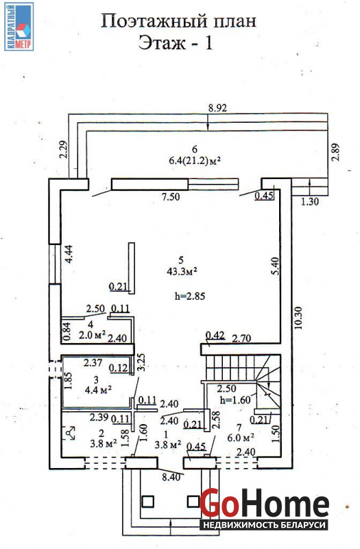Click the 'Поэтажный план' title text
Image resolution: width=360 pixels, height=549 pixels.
(x=179, y=22)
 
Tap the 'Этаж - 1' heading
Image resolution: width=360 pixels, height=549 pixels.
(x=176, y=43)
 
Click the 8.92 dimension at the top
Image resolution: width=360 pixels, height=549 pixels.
(x=217, y=108)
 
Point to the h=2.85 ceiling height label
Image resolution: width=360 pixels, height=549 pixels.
(x=190, y=296)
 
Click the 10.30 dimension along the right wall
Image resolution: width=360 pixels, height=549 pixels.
(x=298, y=318)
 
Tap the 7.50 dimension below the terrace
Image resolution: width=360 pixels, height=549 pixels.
(x=170, y=197)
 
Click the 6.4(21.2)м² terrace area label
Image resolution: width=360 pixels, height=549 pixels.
(x=195, y=161)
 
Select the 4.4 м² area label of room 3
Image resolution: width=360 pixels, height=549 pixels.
(x=99, y=389)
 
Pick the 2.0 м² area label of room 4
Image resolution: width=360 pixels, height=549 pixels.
(x=93, y=335)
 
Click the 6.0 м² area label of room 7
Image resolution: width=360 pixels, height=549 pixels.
(x=240, y=438)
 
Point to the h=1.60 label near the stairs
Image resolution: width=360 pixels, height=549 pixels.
(x=235, y=400)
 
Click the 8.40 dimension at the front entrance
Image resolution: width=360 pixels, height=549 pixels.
(x=171, y=477)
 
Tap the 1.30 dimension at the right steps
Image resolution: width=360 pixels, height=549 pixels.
(x=310, y=201)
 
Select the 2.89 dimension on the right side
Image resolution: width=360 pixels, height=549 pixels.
(x=336, y=152)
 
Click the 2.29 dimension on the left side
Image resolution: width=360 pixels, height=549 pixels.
(x=63, y=150)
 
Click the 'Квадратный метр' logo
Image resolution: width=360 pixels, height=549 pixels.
(x=19, y=26)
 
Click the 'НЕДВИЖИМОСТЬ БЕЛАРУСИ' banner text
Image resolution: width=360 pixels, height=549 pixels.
(x=265, y=525)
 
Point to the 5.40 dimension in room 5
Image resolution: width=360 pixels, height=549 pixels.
(x=276, y=266)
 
